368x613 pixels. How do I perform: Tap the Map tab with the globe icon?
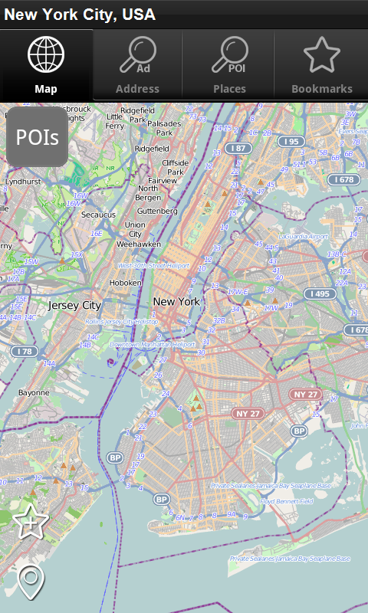[x=46, y=64]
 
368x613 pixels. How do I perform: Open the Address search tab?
[x=137, y=64]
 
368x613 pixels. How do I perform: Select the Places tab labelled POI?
[x=229, y=64]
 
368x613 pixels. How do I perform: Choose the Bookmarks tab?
[x=321, y=64]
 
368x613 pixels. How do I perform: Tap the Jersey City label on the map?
[x=74, y=305]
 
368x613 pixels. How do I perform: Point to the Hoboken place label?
[x=126, y=283]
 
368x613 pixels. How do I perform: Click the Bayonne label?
[x=34, y=392]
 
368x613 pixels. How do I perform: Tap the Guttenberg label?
[x=156, y=211]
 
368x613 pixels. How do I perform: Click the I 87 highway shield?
[x=238, y=148]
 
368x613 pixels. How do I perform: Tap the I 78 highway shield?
[x=24, y=351]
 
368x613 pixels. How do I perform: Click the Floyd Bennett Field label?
[x=287, y=501]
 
